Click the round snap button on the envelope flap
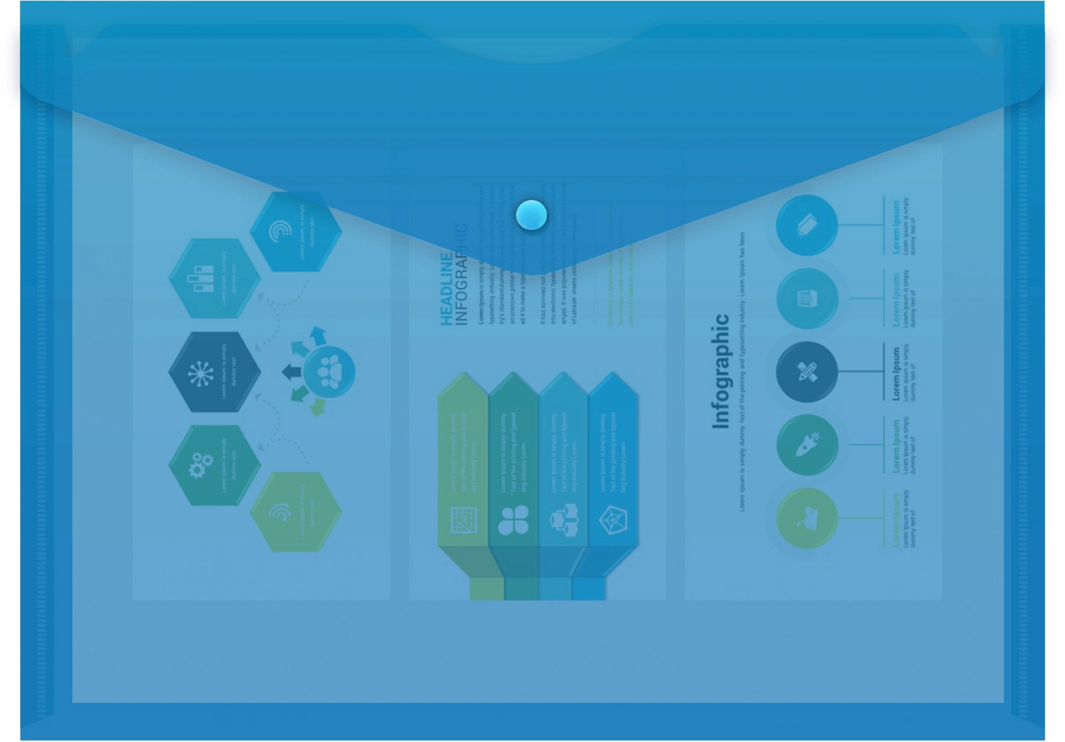(531, 216)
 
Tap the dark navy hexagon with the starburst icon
(214, 372)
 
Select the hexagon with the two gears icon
(214, 465)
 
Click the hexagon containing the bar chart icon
(214, 278)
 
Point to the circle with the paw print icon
(329, 372)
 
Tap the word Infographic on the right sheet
(720, 371)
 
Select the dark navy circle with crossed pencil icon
(807, 372)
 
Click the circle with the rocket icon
(807, 444)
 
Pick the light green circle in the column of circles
(807, 518)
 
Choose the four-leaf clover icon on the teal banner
(513, 520)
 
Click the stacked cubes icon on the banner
(563, 520)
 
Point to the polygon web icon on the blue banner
(613, 520)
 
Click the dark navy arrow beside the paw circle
(291, 372)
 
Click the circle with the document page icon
(807, 298)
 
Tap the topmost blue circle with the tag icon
(807, 225)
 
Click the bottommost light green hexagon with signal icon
(296, 512)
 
